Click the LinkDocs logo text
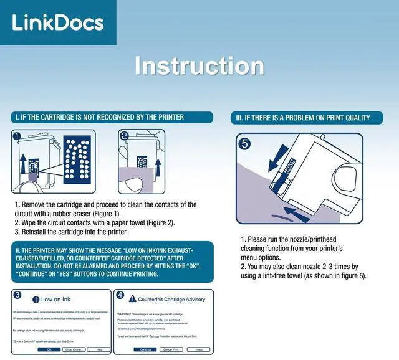57,22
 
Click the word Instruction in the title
199,66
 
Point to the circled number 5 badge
245,143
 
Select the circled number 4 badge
120,295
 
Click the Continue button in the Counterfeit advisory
146,349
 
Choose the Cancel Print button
174,349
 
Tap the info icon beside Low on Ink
36,299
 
